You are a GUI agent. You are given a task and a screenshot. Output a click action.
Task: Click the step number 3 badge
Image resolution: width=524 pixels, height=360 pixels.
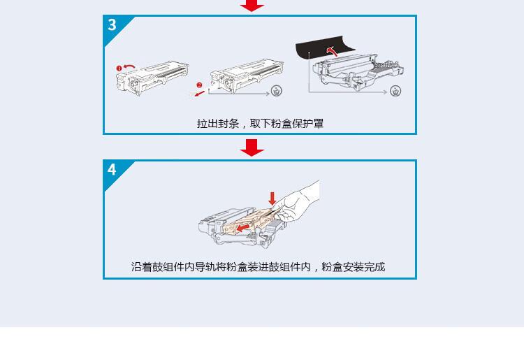click(x=112, y=25)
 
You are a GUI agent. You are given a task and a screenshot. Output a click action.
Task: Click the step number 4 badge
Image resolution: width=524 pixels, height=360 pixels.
click(x=112, y=170)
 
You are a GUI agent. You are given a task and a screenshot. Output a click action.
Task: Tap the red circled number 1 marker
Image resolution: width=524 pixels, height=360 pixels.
click(x=119, y=68)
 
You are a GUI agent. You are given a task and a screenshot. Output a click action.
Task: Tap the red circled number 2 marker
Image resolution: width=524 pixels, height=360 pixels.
click(x=198, y=85)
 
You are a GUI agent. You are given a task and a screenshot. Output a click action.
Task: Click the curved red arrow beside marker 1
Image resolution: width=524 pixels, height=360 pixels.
click(x=130, y=65)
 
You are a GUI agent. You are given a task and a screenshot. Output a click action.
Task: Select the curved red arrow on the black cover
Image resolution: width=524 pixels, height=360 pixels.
click(x=333, y=51)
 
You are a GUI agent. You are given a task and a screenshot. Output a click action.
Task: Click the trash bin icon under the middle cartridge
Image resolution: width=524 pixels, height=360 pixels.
click(x=277, y=90)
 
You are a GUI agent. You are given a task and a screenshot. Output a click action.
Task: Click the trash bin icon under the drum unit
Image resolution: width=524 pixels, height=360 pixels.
click(x=395, y=91)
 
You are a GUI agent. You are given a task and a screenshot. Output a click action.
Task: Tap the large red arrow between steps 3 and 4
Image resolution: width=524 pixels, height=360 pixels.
click(x=252, y=147)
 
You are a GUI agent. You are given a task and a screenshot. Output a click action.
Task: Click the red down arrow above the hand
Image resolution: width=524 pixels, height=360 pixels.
click(x=272, y=199)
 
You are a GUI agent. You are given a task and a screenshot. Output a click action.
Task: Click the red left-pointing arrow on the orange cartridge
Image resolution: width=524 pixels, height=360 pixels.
click(x=242, y=226)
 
